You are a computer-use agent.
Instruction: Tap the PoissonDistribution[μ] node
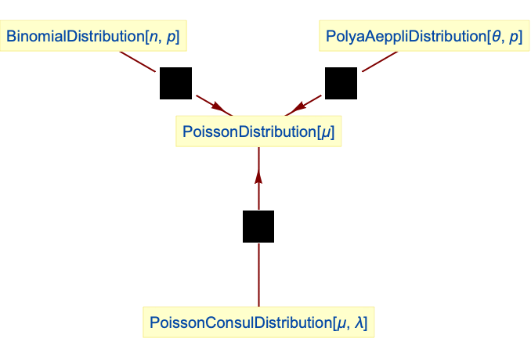(258, 131)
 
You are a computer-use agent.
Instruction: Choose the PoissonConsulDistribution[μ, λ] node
(258, 322)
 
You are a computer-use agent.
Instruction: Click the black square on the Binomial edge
(175, 84)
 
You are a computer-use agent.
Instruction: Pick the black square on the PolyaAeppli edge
(341, 84)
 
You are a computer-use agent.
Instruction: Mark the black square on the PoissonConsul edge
(258, 226)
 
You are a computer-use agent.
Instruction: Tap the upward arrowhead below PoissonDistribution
(258, 178)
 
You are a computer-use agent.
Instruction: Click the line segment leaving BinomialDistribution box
(138, 62)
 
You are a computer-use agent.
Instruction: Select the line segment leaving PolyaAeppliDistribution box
(379, 62)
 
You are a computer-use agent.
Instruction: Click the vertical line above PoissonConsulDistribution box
(258, 274)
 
